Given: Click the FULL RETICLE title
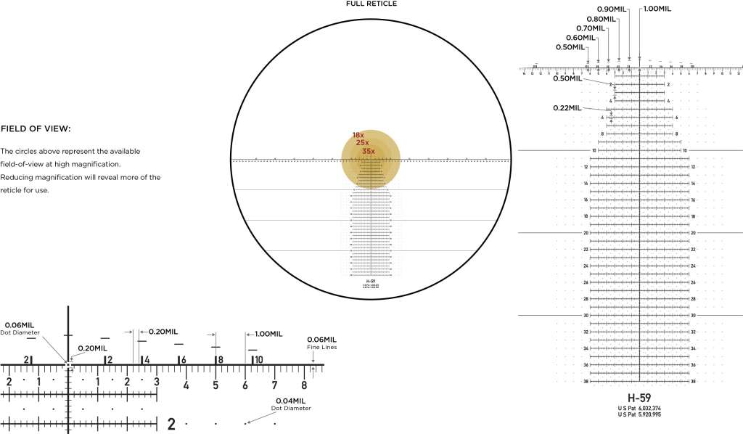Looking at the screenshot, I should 371,4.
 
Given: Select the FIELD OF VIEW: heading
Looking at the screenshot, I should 36,129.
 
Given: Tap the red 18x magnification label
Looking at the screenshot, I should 358,135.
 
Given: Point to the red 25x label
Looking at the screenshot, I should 363,143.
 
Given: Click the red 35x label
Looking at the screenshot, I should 369,151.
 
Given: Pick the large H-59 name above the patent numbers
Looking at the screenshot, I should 639,398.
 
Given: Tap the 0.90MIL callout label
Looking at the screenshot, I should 611,9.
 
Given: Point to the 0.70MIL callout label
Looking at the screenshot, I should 591,28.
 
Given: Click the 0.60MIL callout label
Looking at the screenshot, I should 580,38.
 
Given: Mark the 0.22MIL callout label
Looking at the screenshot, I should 567,107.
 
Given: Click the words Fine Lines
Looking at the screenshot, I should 321,347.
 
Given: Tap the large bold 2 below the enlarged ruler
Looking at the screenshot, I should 171,424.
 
